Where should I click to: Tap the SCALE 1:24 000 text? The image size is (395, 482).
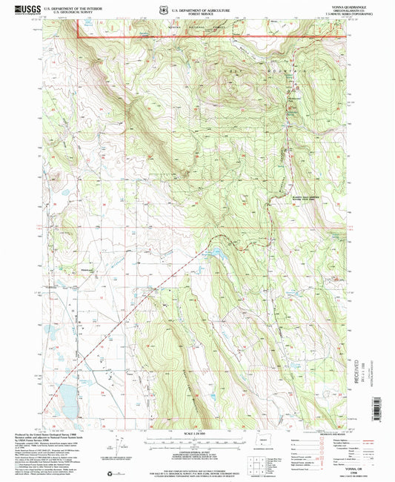(x=197, y=434)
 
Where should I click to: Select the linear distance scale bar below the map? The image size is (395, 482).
(x=197, y=443)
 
